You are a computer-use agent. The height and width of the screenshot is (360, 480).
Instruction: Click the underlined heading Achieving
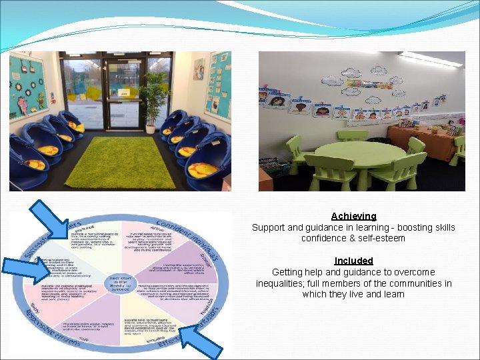(x=353, y=216)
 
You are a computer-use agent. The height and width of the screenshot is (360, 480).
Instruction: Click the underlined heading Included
(x=353, y=261)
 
